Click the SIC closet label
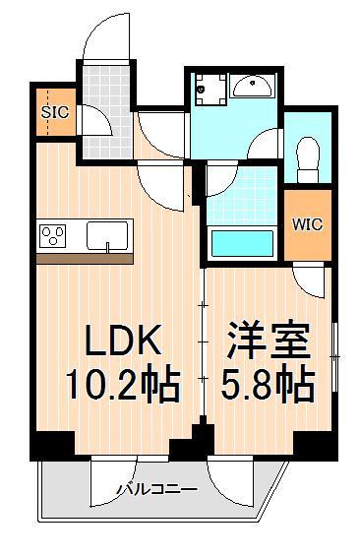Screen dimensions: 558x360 (54, 111)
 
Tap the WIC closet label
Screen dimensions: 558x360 (306, 223)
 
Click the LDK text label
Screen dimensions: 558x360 (121, 341)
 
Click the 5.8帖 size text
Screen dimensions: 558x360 (266, 386)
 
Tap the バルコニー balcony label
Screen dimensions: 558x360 (155, 489)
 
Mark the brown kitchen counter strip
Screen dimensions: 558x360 (84, 259)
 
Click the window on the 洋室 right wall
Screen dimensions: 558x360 (334, 354)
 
